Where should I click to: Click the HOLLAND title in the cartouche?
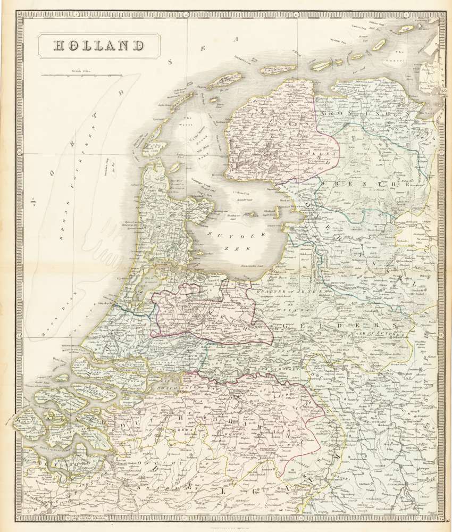coord(99,46)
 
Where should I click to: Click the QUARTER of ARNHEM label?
coord(276,291)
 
